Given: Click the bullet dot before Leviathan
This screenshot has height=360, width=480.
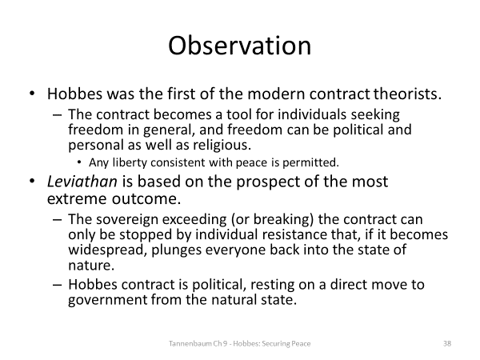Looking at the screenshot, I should [x=32, y=181].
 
